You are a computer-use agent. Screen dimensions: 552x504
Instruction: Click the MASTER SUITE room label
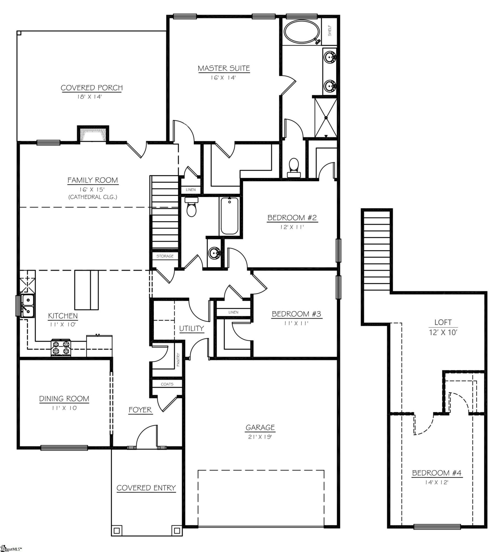(224, 68)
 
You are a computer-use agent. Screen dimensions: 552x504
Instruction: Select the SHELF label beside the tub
(329, 30)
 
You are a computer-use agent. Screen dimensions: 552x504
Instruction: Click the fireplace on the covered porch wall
(93, 135)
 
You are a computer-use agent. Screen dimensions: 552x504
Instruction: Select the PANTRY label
(178, 360)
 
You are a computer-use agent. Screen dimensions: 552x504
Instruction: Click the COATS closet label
(167, 384)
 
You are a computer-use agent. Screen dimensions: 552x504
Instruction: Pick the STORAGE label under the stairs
(165, 256)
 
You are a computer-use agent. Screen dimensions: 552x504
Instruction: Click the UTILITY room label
(191, 328)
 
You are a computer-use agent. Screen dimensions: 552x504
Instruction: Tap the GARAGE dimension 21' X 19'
(260, 437)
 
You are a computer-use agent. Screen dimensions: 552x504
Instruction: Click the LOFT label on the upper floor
(443, 323)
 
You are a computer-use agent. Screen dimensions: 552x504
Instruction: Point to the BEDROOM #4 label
(436, 473)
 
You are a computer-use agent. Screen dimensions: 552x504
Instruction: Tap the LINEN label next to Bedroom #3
(233, 312)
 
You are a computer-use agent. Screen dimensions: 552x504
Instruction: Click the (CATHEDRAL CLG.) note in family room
(92, 197)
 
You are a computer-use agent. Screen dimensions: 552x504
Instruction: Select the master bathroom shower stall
(326, 118)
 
